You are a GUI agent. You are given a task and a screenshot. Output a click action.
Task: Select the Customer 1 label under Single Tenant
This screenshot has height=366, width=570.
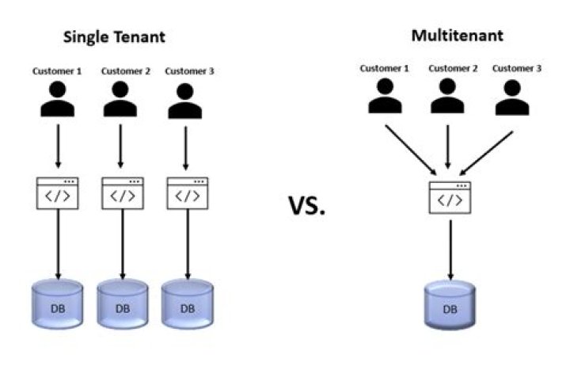point(57,71)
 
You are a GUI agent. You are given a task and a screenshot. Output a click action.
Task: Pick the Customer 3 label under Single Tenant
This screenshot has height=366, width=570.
point(189,71)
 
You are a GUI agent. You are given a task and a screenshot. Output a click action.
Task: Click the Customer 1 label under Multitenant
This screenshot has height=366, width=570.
point(385,69)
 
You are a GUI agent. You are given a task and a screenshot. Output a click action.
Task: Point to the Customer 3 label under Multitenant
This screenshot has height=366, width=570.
point(517,69)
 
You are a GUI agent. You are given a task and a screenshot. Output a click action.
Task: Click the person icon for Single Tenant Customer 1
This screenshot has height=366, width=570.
point(57,99)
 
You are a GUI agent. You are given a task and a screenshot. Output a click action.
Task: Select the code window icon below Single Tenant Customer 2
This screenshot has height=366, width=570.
point(122,193)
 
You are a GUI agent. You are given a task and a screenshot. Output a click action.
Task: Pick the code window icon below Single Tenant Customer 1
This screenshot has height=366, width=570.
point(57,193)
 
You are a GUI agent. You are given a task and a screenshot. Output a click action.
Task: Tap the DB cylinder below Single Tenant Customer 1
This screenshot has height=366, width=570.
point(57,304)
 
